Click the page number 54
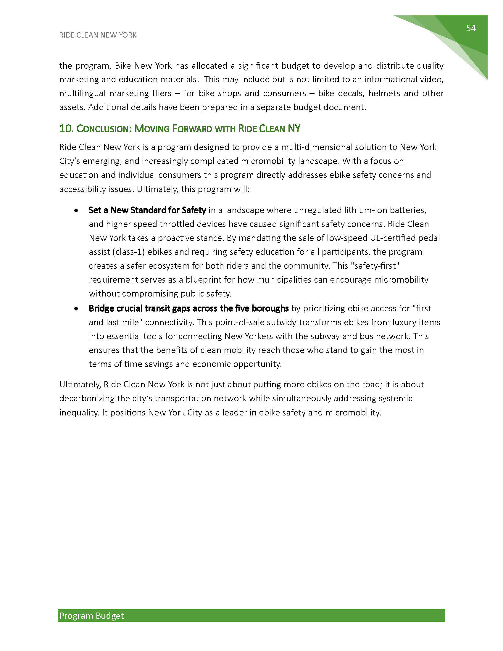(x=471, y=28)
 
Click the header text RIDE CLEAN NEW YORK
(x=98, y=35)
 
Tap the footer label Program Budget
(x=91, y=615)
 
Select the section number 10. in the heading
(x=66, y=129)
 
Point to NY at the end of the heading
(x=294, y=129)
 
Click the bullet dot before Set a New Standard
(x=77, y=210)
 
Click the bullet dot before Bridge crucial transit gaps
(x=77, y=309)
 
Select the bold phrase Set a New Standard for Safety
(x=147, y=210)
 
